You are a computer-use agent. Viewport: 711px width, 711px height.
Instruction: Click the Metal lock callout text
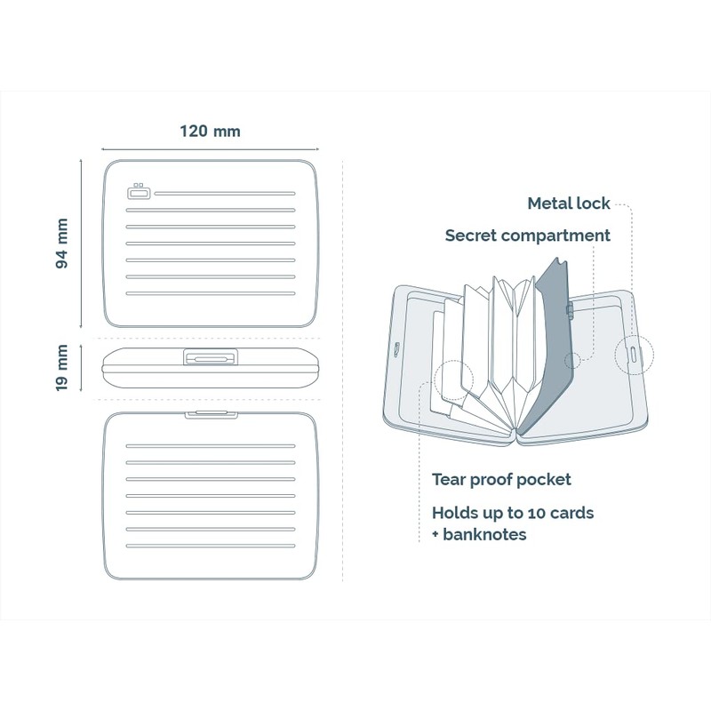[x=568, y=204]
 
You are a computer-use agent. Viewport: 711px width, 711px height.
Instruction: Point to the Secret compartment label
[x=527, y=236]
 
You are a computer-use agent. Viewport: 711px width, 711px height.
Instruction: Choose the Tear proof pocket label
[x=501, y=480]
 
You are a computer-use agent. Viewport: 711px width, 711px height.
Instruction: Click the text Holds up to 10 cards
[x=513, y=513]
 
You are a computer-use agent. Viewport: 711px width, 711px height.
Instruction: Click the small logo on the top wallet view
[x=139, y=192]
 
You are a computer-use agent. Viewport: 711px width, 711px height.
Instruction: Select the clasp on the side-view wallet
[x=210, y=357]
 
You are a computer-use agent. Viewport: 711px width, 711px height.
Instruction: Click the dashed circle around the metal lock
[x=634, y=353]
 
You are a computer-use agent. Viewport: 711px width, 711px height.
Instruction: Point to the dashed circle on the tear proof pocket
[x=455, y=379]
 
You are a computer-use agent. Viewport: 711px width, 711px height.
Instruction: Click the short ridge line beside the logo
[x=224, y=193]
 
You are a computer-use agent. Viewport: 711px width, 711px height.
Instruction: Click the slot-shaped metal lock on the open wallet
[x=632, y=353]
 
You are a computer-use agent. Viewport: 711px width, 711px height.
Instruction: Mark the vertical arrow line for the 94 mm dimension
[x=82, y=241]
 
